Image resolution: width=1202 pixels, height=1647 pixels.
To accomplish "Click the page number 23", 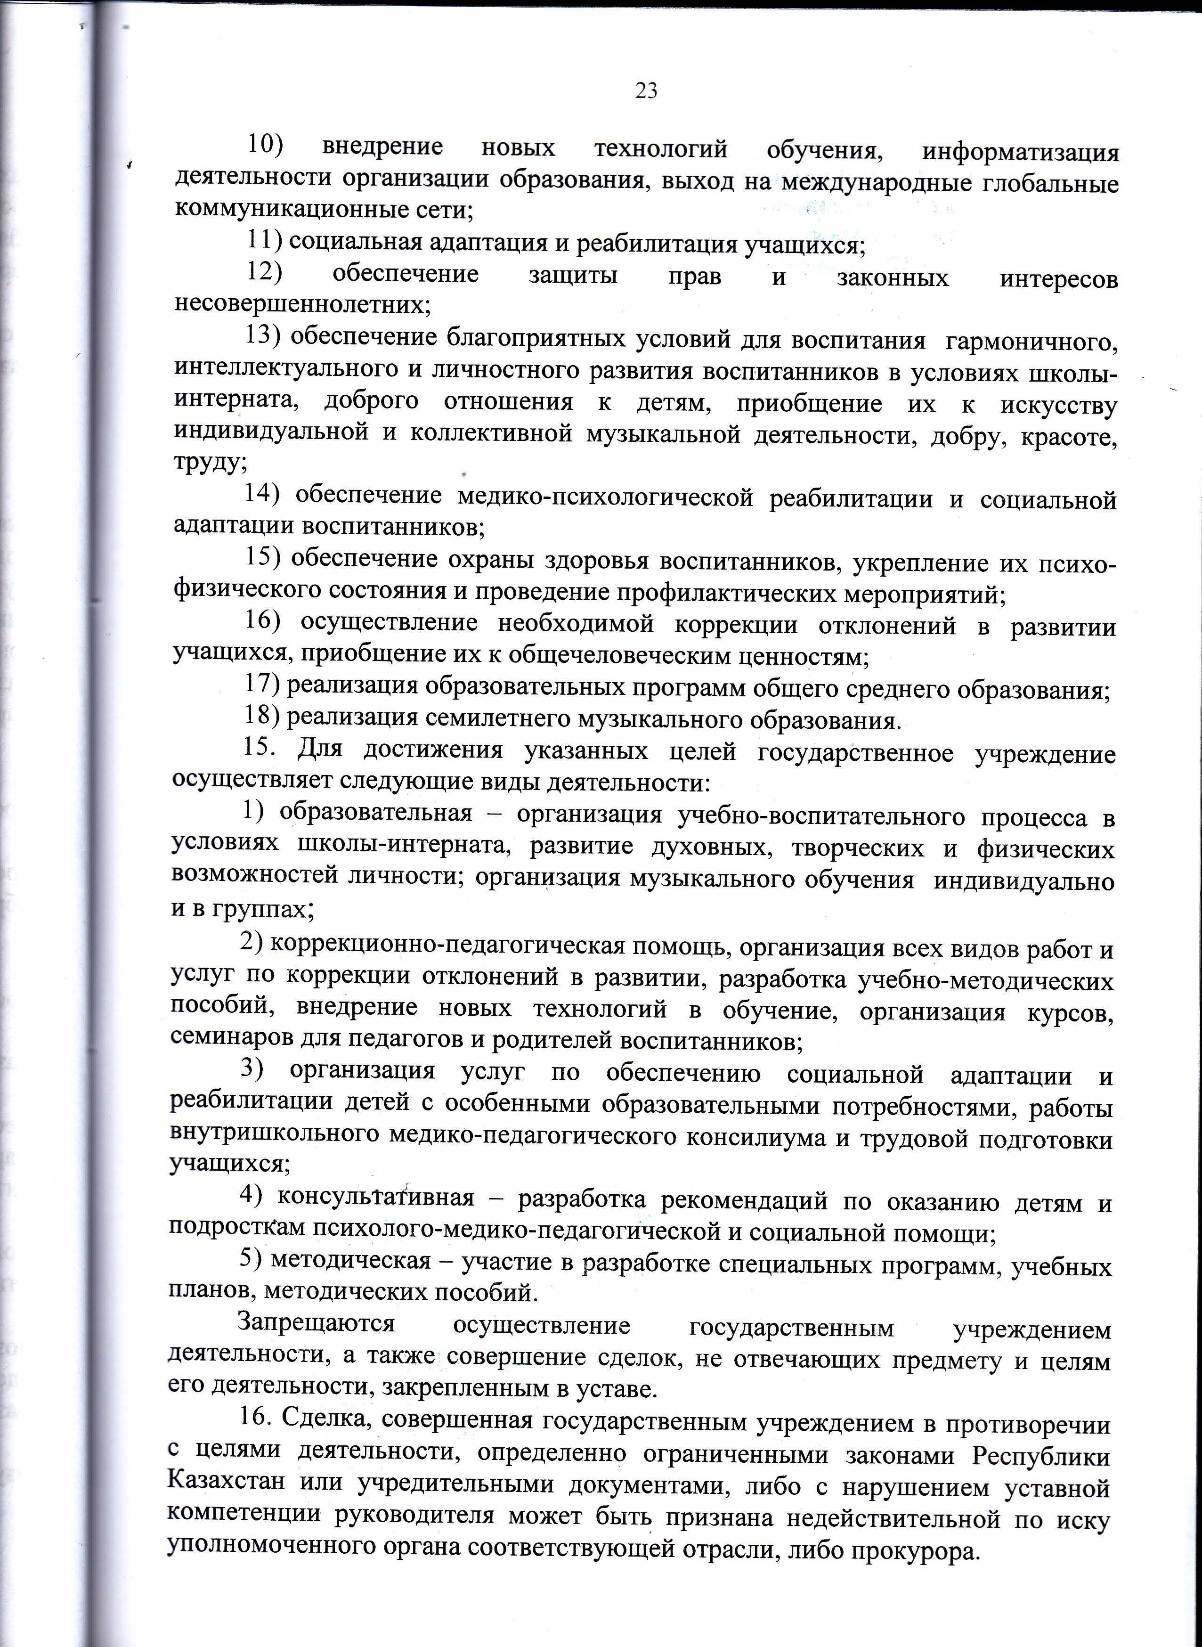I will click(x=646, y=91).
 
